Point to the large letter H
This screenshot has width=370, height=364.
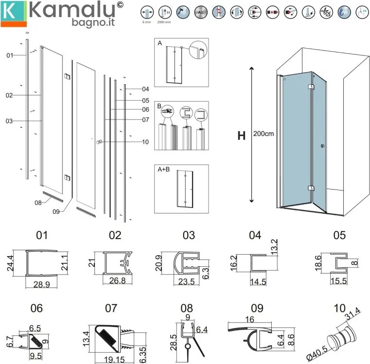tap(241, 136)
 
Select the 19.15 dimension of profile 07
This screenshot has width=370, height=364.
tap(112, 360)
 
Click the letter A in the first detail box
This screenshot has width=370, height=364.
tap(159, 43)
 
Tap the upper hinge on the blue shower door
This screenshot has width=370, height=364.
tap(311, 87)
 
